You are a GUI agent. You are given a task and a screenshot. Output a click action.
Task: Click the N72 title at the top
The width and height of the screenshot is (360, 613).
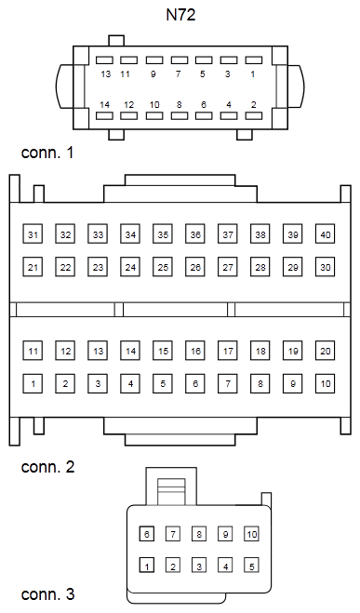(x=180, y=15)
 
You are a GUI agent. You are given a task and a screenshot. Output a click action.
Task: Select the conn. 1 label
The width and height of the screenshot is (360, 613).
(x=47, y=153)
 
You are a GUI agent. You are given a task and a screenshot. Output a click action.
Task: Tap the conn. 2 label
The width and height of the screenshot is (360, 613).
(x=47, y=467)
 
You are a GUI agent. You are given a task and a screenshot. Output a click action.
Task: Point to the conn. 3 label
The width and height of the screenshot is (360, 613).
(x=47, y=594)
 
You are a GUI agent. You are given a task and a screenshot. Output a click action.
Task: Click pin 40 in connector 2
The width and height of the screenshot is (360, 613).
(x=326, y=234)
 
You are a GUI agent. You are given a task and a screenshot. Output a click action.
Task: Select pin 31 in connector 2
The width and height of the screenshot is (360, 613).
(x=33, y=234)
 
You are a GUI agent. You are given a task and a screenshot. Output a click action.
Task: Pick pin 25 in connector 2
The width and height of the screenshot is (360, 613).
(x=163, y=267)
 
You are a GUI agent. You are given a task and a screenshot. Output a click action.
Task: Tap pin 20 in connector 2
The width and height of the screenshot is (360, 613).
(x=326, y=351)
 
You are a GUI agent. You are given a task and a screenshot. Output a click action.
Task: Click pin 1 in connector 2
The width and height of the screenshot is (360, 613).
(x=33, y=383)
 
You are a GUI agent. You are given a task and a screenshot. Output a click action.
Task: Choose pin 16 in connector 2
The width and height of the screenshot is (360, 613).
(x=195, y=351)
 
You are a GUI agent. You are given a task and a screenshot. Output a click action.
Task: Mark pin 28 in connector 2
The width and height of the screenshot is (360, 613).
(x=260, y=267)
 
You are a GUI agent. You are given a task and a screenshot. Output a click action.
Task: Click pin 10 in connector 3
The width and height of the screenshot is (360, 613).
(x=252, y=534)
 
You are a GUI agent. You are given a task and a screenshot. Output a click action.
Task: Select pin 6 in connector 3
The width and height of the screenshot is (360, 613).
(x=147, y=534)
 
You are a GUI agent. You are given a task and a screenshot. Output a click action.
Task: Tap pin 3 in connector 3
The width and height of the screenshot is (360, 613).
(x=199, y=566)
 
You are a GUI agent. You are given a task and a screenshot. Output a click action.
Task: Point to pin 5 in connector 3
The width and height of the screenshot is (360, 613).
(x=252, y=566)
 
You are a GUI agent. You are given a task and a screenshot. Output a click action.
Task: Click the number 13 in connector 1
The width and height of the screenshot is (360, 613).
(x=105, y=73)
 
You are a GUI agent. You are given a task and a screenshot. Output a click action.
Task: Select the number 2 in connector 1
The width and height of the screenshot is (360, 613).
(x=254, y=104)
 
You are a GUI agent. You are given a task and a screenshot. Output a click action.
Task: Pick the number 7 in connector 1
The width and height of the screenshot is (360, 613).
(x=179, y=73)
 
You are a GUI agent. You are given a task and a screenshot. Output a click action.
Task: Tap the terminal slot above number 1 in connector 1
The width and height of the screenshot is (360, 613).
(x=254, y=60)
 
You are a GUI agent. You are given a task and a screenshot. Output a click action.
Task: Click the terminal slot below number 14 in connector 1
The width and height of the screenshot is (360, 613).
(x=104, y=115)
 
